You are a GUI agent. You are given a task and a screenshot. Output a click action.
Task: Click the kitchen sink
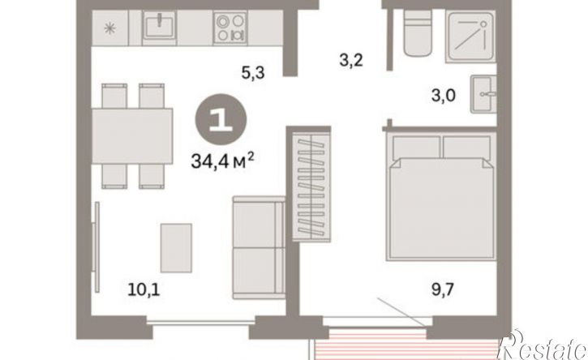coord(160,26)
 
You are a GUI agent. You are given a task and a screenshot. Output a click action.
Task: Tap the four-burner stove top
coord(230,28)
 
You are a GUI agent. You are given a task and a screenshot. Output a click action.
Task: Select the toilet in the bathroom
coord(418,32)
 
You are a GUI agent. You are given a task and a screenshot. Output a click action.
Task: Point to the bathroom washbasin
coord(483,94)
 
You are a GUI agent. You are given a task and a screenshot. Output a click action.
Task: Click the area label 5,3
coord(253,72)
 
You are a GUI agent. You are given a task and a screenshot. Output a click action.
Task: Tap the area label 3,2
coord(351,60)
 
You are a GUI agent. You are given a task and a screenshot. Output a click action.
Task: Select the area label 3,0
coord(444,95)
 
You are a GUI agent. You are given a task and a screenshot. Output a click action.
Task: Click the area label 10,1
coord(144,289)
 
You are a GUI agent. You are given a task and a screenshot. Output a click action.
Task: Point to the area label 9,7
coord(443,289)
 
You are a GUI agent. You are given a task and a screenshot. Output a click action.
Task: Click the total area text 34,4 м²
coord(223,161)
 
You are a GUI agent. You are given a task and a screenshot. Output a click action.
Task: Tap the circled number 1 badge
coord(221,120)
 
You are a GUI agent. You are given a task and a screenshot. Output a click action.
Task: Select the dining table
coord(132,136)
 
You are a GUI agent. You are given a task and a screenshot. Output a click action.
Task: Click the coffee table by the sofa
coord(176,248)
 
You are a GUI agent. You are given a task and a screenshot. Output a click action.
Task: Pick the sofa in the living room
coord(259,247)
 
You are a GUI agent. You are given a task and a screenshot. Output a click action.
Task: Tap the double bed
coord(442,197)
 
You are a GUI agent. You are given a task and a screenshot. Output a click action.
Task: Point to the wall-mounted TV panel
coord(97,246)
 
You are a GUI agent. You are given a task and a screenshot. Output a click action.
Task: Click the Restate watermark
coord(542,345)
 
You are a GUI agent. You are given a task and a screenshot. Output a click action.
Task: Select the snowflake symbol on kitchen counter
coord(109,28)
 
